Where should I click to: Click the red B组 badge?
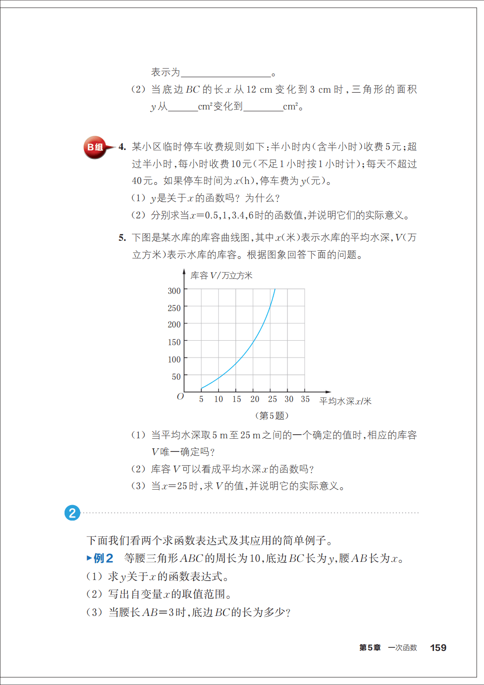[95, 147]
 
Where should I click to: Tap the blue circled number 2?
[72, 513]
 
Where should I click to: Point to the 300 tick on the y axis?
[174, 291]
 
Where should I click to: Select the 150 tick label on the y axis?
[174, 342]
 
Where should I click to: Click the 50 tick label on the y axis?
[176, 377]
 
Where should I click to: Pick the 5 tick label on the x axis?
[201, 399]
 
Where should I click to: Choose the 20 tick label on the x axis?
[254, 399]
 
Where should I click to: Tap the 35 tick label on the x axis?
[305, 399]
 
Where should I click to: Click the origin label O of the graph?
[180, 397]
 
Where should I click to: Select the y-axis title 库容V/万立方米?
[221, 276]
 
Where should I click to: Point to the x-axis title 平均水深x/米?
[345, 401]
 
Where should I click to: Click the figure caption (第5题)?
[272, 416]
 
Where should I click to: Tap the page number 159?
[438, 648]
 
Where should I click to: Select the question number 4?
[122, 147]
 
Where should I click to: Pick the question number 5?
[122, 238]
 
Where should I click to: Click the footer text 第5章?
[370, 648]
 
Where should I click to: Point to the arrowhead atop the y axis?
[184, 272]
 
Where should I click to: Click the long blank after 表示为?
[226, 73]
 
